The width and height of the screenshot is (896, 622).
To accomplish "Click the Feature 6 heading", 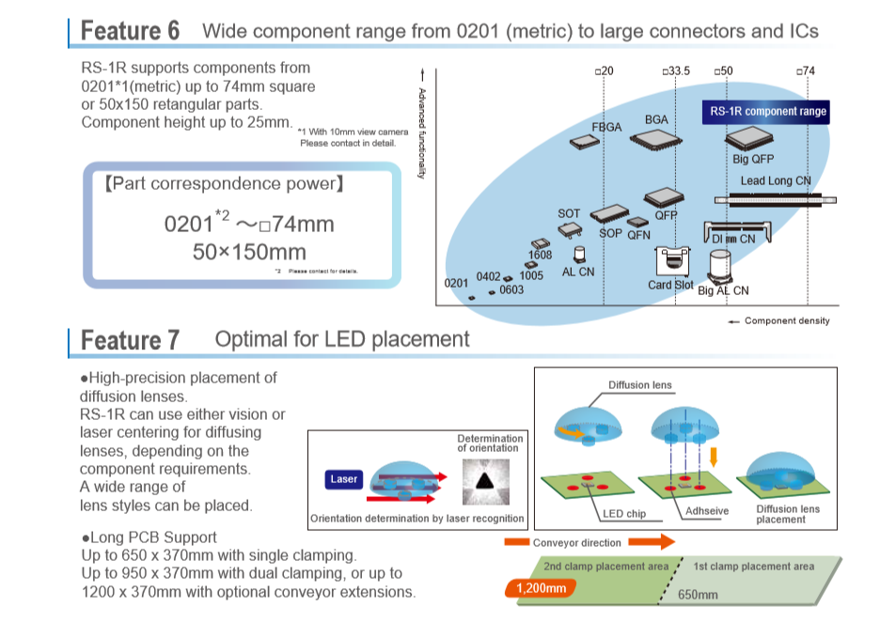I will (130, 31).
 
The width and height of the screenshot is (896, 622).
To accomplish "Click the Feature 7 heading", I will (130, 339).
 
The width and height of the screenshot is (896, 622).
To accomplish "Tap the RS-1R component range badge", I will (767, 112).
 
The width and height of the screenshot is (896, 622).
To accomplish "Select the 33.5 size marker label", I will (676, 71).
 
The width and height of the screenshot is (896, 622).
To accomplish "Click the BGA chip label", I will (656, 120).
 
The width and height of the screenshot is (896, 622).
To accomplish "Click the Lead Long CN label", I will (776, 180).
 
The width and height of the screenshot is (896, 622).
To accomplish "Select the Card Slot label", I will (670, 285).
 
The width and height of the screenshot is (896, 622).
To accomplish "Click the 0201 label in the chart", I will (456, 283).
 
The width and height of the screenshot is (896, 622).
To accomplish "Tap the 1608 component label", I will (541, 255).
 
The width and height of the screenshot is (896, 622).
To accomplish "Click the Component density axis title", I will (786, 321).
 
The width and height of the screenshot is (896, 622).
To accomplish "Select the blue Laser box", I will (344, 479).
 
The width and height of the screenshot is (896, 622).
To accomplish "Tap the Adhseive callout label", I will (708, 510).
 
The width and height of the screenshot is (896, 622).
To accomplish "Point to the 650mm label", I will (698, 595).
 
